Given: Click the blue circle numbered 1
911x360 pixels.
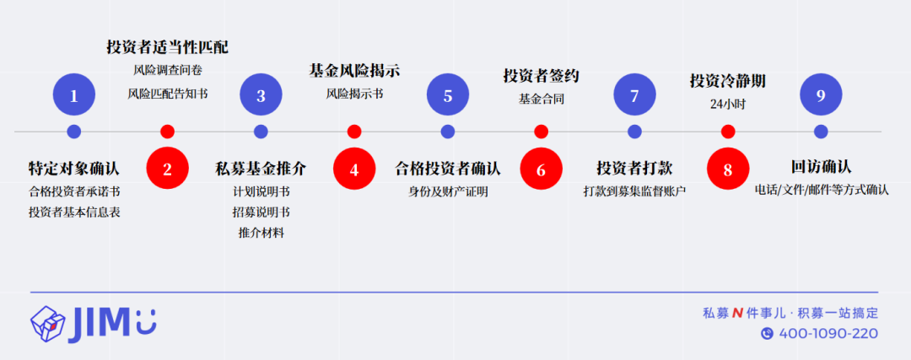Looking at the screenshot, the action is pos(73,94).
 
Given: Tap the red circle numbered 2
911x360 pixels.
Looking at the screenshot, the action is pos(167,169).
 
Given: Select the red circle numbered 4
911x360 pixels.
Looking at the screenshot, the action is pos(354,169).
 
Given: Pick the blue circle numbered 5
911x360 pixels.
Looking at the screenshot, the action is pos(448,94).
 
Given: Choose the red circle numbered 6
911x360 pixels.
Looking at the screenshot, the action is pos(542,169).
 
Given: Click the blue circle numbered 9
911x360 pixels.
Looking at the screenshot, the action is pos(821,94).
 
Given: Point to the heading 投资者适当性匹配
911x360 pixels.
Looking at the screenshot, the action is pos(167,47).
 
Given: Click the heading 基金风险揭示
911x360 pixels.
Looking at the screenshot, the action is pos(354,71).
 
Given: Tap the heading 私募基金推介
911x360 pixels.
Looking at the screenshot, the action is pos(261,169).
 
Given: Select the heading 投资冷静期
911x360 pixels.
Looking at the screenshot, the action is pos(728,81).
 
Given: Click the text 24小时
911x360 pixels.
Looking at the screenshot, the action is pos(728,105).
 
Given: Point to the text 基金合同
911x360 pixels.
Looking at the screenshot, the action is pos(542,99).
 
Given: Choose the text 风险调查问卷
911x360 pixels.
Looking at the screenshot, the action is pos(167,70).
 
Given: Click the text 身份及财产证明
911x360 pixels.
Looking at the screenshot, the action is pos(448,191).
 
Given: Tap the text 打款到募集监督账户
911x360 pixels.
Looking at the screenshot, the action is pos(634,191).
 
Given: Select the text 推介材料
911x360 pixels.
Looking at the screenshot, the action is pos(261,233).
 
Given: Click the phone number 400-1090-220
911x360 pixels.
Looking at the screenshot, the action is pos(828,333).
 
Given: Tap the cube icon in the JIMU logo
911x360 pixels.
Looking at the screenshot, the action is pos(47,324).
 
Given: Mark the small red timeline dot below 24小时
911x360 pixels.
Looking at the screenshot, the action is pos(728,132).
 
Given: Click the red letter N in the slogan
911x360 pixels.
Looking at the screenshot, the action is pos(737,314).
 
